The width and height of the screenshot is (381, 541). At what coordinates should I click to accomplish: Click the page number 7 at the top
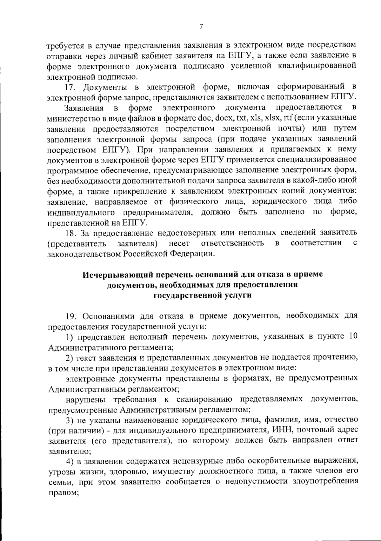[201, 27]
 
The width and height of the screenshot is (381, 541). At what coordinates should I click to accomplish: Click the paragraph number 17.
[71, 87]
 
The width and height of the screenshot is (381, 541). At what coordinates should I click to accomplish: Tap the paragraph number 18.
[71, 233]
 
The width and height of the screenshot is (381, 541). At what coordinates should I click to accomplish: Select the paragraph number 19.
[71, 316]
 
